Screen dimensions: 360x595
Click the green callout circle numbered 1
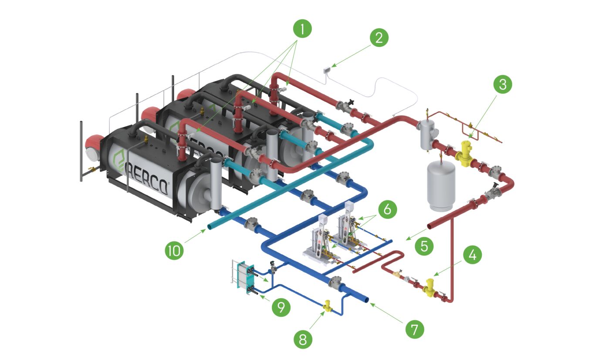coord(302,30)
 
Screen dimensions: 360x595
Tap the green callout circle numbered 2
coord(379,37)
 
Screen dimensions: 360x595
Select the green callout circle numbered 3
coord(503,85)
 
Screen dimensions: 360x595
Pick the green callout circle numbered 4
coord(472,256)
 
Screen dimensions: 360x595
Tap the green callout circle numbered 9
coord(281,307)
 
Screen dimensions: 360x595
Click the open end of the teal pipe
coord(211,226)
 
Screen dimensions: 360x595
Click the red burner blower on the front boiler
coord(94,146)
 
